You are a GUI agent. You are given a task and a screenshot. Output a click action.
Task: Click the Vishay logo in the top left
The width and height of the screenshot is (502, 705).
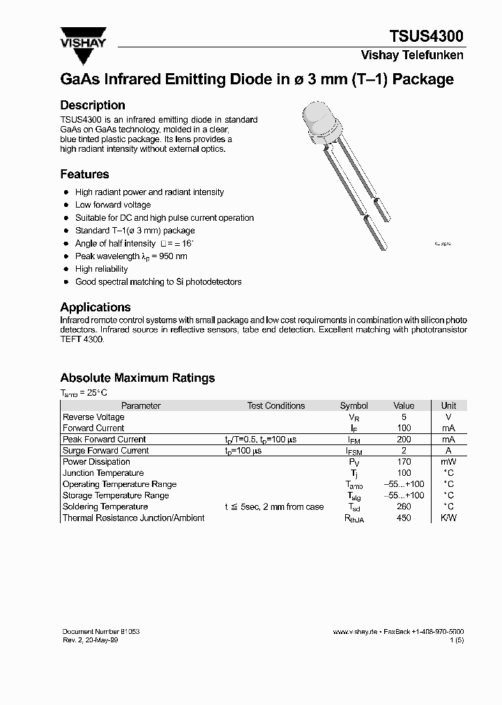coord(82,38)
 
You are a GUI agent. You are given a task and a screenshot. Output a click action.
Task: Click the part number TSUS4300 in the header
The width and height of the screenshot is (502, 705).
coord(427,36)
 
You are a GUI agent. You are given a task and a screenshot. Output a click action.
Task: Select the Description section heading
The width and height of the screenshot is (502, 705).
coord(93,105)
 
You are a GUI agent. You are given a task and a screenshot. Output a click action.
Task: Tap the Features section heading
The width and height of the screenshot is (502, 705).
coord(84,174)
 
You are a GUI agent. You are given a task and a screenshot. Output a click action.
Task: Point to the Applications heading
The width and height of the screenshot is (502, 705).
coord(96,307)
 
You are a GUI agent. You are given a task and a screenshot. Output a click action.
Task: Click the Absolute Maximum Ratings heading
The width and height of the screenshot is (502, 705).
coord(137,378)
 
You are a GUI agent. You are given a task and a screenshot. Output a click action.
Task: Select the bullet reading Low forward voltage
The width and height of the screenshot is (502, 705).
coord(112,205)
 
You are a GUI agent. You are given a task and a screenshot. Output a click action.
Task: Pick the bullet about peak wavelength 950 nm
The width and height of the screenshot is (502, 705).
coord(131,256)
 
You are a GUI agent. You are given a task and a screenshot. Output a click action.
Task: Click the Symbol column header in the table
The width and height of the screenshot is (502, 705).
coord(353,405)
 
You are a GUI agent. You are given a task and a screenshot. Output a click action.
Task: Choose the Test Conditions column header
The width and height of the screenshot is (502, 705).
coord(275,405)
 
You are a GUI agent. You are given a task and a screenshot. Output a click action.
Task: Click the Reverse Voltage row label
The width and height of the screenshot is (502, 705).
coord(93,417)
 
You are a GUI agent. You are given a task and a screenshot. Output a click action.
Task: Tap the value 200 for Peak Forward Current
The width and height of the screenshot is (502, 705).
coord(403,440)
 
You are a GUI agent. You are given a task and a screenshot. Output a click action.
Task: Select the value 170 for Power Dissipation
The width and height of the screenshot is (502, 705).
coord(403,462)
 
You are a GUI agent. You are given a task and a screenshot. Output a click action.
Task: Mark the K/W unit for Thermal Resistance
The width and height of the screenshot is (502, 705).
coord(448,518)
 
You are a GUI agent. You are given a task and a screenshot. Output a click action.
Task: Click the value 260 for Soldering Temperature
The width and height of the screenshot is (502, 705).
coord(403,506)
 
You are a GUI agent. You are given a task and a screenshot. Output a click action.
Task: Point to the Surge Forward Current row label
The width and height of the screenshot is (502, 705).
coord(105,451)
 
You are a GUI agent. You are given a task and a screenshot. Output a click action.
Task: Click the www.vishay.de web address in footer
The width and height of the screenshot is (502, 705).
coord(355,631)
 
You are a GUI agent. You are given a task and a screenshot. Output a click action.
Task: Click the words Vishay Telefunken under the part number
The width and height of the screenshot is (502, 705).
coord(411,55)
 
